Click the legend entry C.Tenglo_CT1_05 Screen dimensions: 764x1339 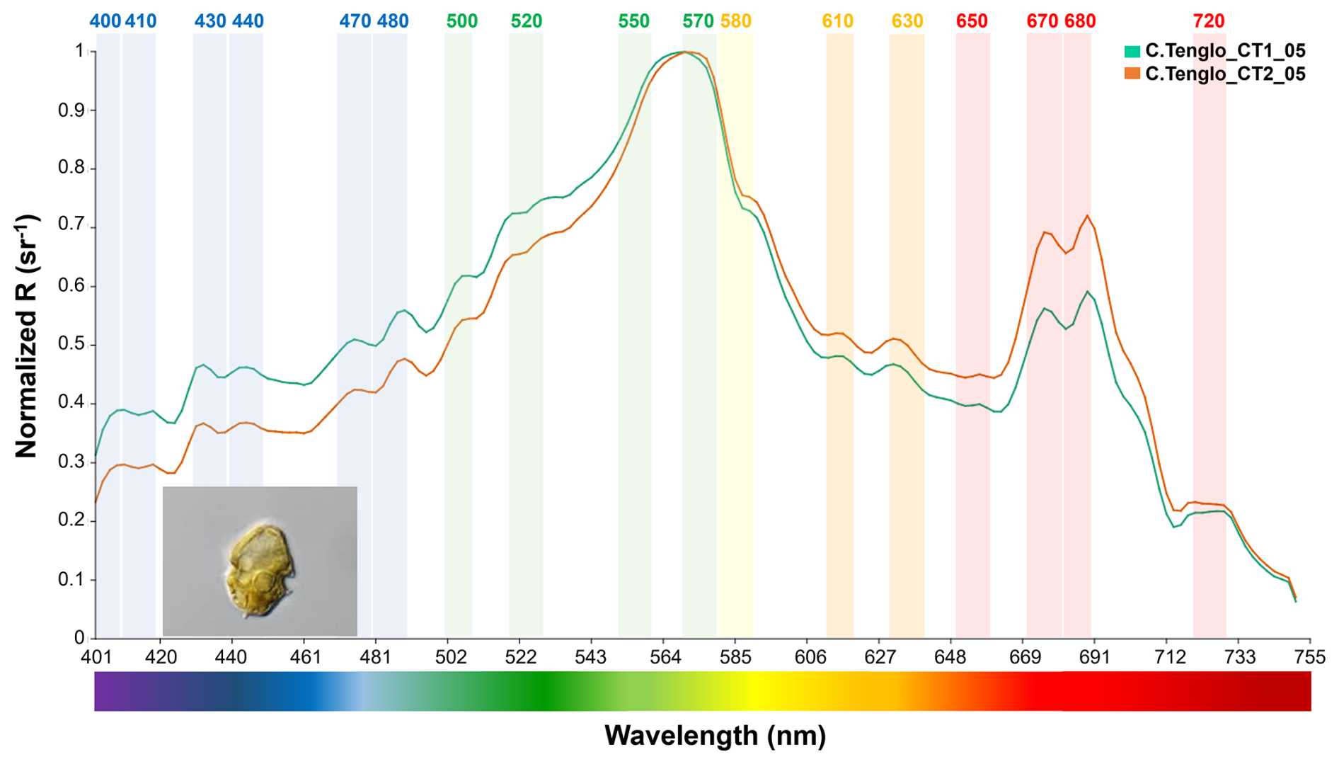point(1224,51)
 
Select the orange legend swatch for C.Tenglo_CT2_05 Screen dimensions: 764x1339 point(1132,74)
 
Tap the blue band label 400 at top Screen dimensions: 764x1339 point(105,21)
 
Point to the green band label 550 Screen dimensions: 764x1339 point(633,21)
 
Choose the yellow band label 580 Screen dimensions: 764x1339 point(735,21)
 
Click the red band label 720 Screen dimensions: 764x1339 point(1208,21)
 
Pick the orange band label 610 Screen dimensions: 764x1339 point(837,21)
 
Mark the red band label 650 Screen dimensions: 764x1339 point(972,21)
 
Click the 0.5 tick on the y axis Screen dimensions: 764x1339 point(71,345)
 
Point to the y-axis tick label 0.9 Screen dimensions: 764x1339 point(71,110)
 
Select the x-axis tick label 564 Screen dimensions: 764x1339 point(665,657)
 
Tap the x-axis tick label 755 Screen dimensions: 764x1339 point(1309,657)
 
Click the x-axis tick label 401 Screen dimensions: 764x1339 point(96,657)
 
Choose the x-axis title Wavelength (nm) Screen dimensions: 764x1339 point(715,736)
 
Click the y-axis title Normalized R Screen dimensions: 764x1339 point(26,336)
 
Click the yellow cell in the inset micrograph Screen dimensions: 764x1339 point(258,571)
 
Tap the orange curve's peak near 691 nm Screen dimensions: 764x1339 point(1087,216)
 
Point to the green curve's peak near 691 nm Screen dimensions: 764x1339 point(1087,291)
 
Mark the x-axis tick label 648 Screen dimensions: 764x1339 point(950,657)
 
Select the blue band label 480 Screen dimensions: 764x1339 point(392,21)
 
